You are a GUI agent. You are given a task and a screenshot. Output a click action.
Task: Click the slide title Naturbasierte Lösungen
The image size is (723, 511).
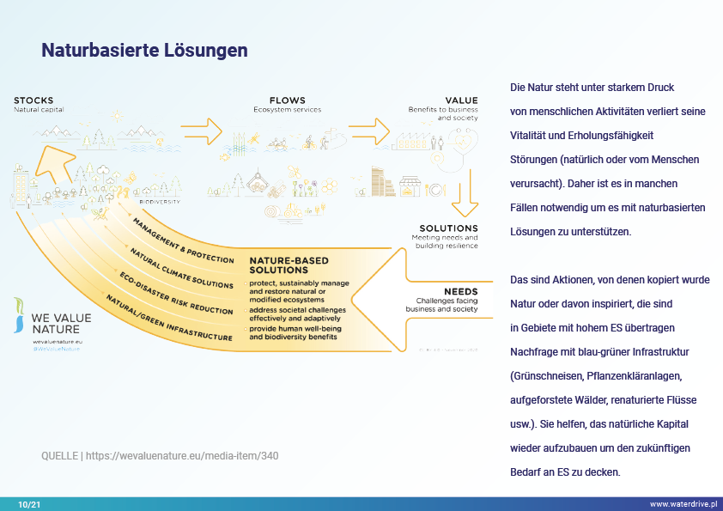pos(144,51)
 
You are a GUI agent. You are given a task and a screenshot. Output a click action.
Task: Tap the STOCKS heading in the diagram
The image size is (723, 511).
pos(33,100)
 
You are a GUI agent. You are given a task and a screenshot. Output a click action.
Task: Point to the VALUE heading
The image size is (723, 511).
pos(461,100)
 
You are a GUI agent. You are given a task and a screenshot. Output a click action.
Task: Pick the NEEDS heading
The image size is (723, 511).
pos(461,291)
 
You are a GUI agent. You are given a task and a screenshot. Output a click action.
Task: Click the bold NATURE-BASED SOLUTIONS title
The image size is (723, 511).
pos(289,265)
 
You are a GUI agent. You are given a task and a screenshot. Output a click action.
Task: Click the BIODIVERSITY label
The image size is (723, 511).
pos(160,202)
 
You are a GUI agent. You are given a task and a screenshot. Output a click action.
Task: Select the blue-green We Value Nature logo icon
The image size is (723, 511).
pos(20,314)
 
